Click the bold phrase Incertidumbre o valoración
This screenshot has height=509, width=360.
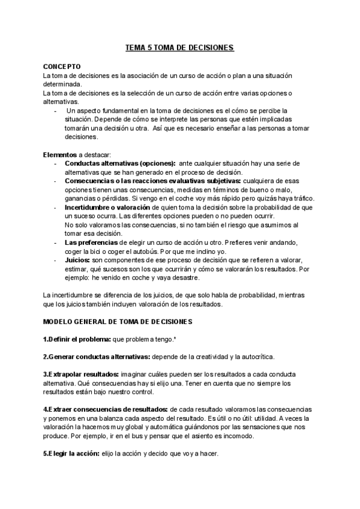click(x=107, y=206)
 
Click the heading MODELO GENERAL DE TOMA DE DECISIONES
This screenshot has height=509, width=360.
click(x=117, y=321)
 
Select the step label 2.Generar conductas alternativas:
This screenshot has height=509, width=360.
click(x=97, y=357)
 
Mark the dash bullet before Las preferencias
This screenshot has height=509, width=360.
click(x=55, y=242)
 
